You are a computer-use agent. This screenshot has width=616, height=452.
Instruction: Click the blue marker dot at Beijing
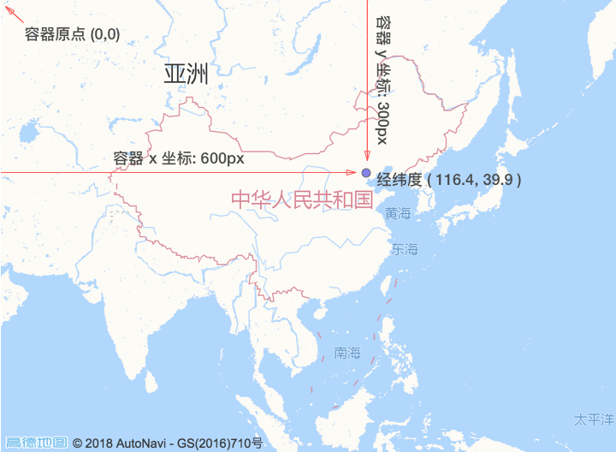[366, 173]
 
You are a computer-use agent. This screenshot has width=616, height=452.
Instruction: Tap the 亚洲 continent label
[186, 74]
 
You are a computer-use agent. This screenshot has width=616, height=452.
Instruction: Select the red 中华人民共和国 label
[301, 199]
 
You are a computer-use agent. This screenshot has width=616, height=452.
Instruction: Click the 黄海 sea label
[398, 213]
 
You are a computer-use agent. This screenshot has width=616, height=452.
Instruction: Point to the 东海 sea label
[405, 250]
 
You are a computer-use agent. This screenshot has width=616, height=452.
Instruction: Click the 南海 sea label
[348, 353]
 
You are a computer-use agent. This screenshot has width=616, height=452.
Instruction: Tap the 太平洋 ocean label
[594, 419]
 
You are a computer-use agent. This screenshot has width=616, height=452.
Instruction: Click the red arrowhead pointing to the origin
[9, 9]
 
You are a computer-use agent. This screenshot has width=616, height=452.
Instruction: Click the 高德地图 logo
[36, 443]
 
